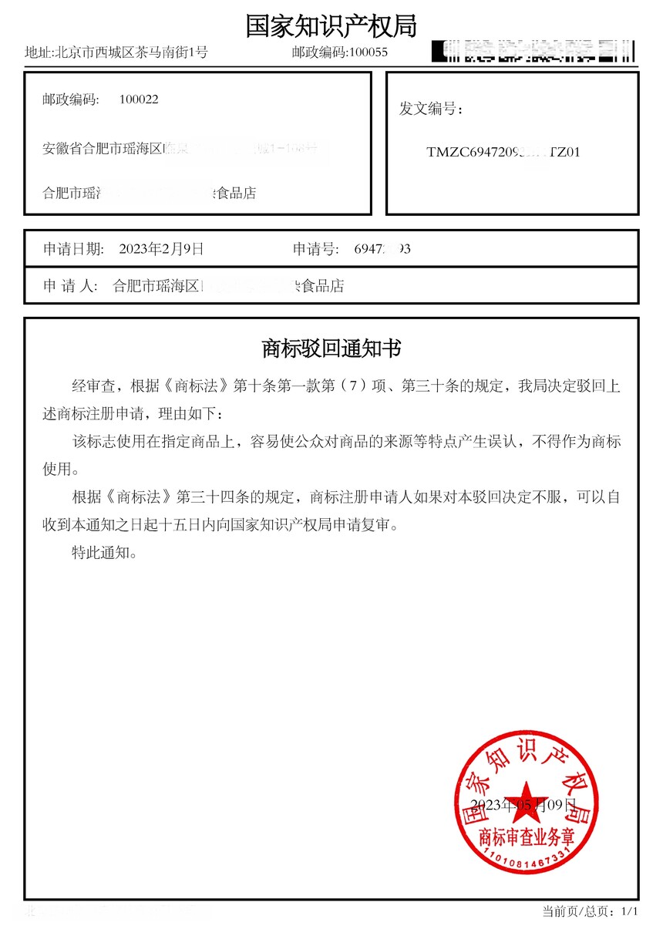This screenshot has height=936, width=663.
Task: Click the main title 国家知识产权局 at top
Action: (331, 25)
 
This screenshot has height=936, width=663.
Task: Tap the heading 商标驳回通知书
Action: (331, 348)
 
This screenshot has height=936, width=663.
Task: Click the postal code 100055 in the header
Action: (369, 52)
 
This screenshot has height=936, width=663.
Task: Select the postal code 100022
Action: (139, 99)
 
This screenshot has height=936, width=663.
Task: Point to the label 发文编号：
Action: (431, 109)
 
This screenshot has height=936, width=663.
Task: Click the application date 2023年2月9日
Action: (161, 248)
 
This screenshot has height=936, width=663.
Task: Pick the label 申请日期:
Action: (72, 248)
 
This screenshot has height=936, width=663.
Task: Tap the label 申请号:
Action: (315, 248)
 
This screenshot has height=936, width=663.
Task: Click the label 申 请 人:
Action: (70, 286)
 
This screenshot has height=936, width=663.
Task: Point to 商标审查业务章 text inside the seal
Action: (527, 837)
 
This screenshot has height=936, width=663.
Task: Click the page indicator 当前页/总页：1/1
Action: (591, 911)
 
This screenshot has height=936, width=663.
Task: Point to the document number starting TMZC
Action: (503, 152)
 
